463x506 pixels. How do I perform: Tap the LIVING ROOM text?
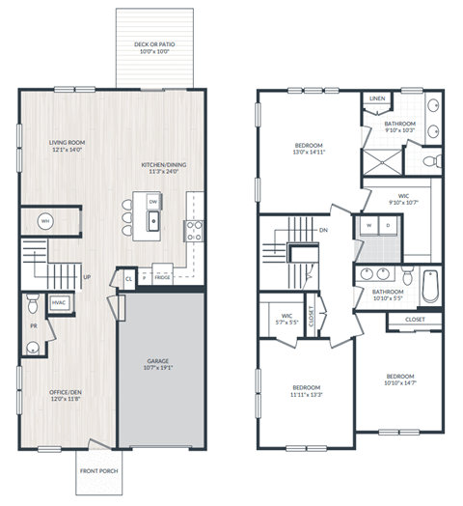click(68, 143)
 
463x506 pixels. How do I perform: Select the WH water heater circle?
click(45, 221)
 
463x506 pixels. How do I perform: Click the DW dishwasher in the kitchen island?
click(153, 201)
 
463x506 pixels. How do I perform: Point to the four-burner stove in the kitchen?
click(193, 230)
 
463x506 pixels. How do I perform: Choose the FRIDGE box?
click(162, 276)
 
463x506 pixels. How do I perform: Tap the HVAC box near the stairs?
click(58, 302)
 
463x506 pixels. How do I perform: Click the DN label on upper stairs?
click(323, 230)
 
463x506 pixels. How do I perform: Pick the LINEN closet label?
click(376, 98)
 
